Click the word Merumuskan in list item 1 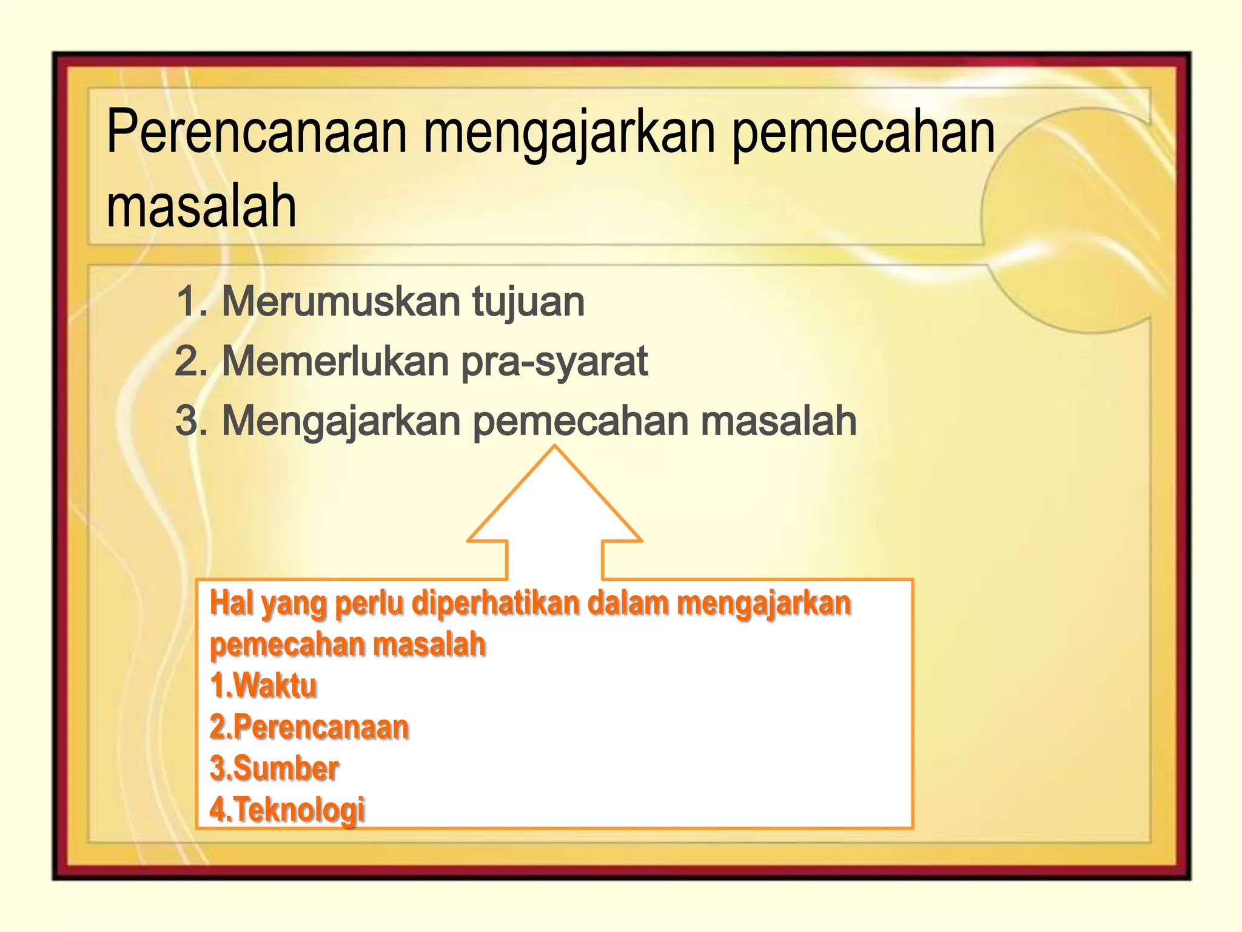(340, 302)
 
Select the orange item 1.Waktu (263, 686)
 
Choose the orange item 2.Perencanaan (309, 727)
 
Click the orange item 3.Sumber (274, 768)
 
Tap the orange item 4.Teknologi (287, 809)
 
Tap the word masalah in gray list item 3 (779, 420)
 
